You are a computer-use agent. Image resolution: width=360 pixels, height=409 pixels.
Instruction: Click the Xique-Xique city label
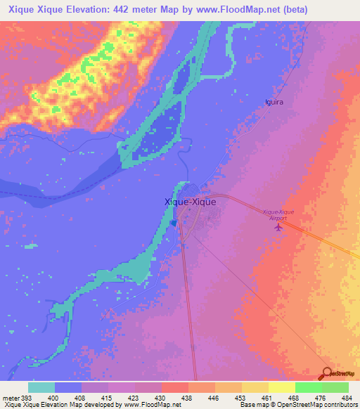coord(190,201)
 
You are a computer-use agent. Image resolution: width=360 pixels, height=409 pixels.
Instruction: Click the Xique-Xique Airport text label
coord(280,215)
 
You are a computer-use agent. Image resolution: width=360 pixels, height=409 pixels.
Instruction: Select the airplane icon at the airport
coord(278,227)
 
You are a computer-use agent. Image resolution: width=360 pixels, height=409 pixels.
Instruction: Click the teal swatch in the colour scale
coord(41,387)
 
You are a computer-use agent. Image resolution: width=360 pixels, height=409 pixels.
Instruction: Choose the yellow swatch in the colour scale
coord(281,387)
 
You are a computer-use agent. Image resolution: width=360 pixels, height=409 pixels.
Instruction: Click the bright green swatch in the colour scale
coord(308,387)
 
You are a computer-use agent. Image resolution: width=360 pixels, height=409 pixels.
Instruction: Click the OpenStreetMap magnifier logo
coord(328,373)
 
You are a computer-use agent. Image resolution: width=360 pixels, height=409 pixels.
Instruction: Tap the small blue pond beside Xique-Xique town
coord(174,223)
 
